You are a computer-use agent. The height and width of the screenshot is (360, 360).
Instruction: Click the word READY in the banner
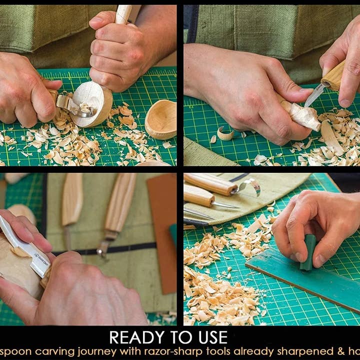click(131, 337)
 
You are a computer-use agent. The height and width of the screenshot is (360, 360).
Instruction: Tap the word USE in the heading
click(210, 337)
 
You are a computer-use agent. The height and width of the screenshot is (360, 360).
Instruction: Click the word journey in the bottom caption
click(83, 351)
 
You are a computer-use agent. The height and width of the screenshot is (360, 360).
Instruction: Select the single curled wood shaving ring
click(224, 133)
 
